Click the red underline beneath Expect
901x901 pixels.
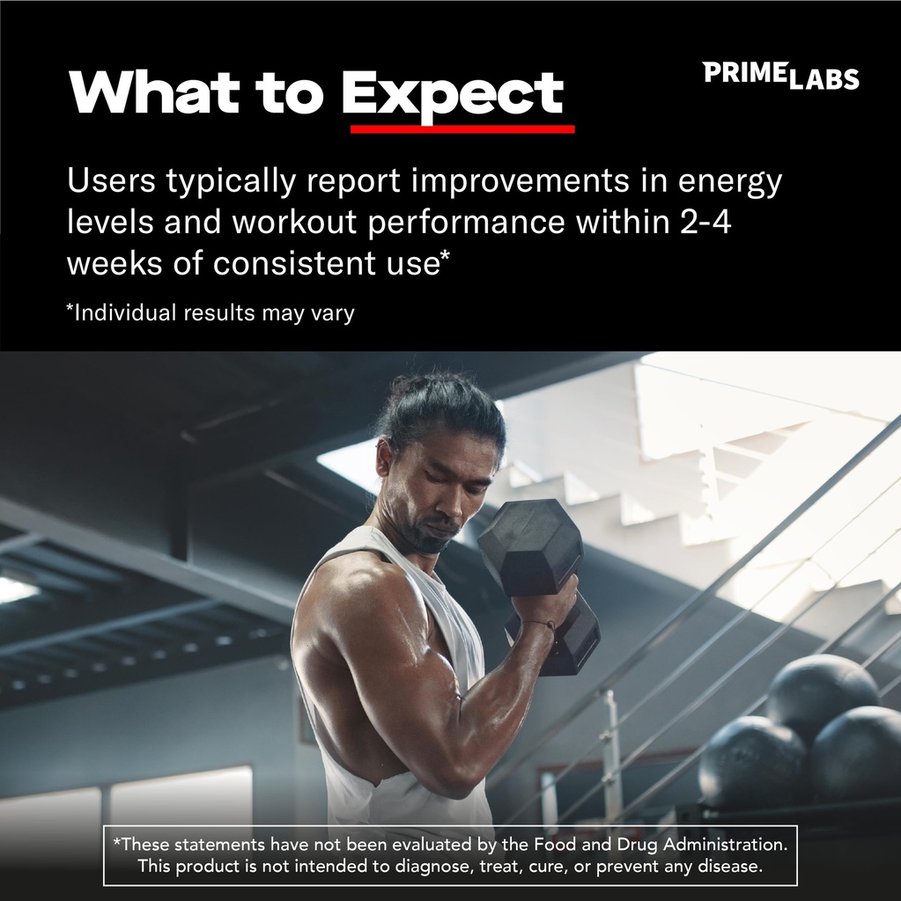[x=462, y=128]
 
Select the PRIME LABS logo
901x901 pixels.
[x=780, y=76]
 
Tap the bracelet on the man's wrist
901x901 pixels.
[x=539, y=625]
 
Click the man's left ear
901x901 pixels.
[x=384, y=458]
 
